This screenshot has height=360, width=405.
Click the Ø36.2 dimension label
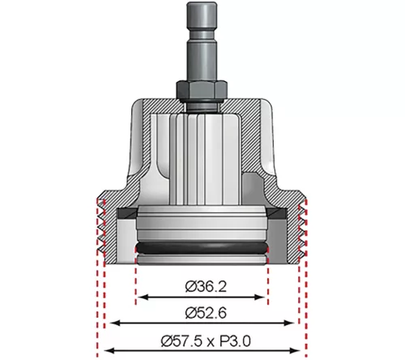pos(206,286)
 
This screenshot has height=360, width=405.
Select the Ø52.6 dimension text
pos(206,313)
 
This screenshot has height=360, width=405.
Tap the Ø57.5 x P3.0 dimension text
pos(206,341)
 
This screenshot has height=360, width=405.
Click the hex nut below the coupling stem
pos(201,91)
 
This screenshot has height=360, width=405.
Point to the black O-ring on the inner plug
pos(202,248)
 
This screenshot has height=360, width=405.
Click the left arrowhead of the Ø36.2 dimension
pos(141,298)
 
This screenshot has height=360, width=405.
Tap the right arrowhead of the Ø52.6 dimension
pos(289,323)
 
